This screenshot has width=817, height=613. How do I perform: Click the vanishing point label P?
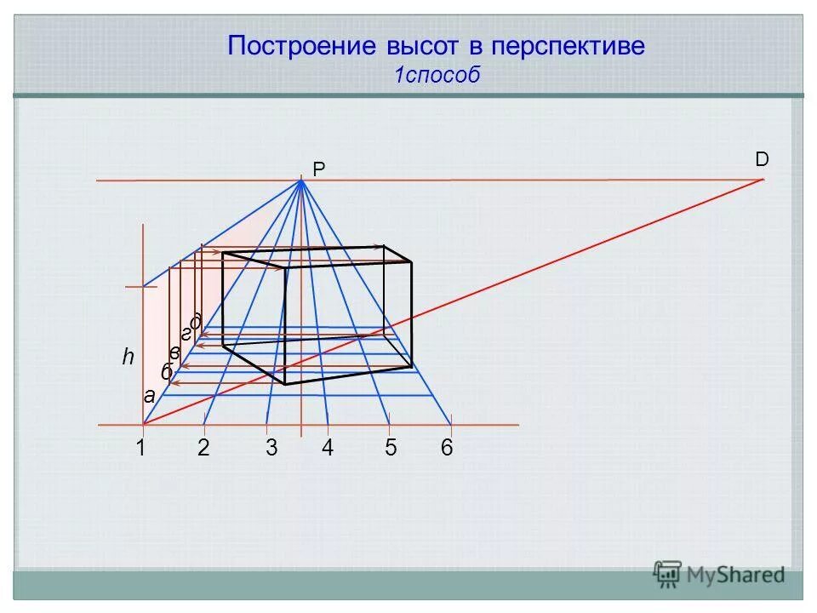[319, 170]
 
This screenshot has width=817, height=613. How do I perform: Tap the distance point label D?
[761, 159]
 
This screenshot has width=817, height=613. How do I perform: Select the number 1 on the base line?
[141, 449]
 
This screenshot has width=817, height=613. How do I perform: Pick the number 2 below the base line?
[203, 449]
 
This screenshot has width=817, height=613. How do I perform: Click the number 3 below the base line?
[271, 449]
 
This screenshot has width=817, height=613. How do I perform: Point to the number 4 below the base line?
[328, 449]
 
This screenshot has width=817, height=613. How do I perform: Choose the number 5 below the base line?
[391, 449]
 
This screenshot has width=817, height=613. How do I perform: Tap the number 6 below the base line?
[447, 449]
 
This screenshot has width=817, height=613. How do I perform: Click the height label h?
[128, 358]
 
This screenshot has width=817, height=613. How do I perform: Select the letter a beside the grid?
[148, 395]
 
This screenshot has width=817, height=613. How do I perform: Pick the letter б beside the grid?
[167, 372]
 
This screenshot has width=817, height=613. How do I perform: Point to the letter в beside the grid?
[175, 352]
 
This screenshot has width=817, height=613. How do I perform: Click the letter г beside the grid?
[186, 335]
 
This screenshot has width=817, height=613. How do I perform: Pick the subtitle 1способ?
[437, 75]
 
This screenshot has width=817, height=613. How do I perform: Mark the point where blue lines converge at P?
[301, 180]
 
